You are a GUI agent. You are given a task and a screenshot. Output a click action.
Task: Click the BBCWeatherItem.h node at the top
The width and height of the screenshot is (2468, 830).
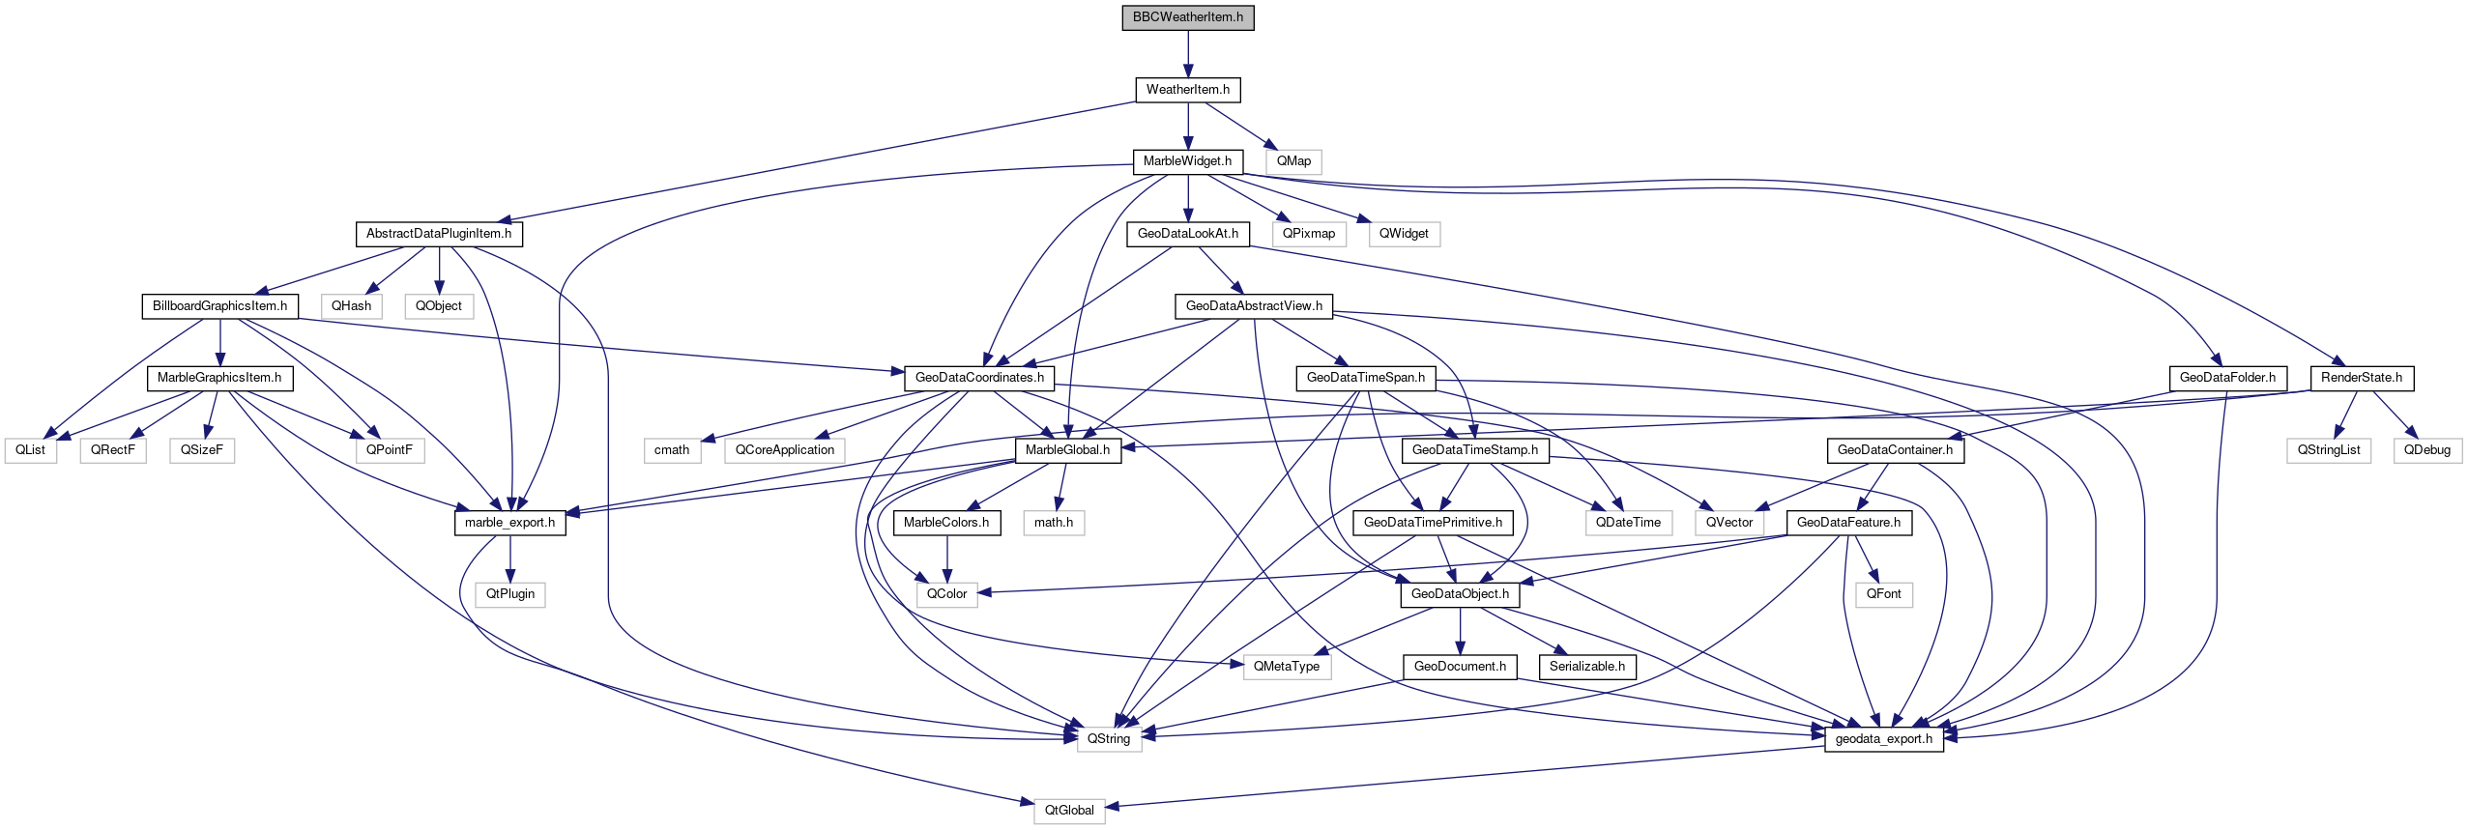(1187, 17)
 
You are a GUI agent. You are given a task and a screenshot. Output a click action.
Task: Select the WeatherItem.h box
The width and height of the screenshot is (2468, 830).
(1187, 90)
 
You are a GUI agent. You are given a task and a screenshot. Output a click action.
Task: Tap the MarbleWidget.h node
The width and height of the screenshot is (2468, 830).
(1187, 161)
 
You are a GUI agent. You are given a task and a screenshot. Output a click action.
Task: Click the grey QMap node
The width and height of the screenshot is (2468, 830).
(1293, 161)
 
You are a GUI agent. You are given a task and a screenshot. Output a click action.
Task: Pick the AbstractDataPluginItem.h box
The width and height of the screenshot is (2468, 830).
(439, 234)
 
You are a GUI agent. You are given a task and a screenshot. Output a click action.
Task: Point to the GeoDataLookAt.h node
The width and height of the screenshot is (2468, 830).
(1187, 234)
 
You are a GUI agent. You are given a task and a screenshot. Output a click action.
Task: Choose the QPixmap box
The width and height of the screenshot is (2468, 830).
(1309, 234)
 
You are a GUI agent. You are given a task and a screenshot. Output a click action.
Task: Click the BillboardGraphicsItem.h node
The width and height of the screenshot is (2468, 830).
(219, 306)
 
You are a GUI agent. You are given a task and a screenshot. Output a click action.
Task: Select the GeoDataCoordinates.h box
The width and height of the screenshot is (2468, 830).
(979, 378)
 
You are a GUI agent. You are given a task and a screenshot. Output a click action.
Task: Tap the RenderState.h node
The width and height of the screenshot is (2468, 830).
(2361, 378)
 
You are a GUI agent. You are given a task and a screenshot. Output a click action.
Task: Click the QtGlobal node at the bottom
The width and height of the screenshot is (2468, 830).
(1069, 811)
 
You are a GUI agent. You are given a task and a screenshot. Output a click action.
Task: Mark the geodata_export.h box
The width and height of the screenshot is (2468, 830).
(1883, 739)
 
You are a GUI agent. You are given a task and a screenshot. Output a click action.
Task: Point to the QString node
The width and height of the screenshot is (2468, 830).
(1109, 739)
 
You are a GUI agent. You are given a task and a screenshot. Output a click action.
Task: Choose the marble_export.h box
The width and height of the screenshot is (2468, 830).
(509, 523)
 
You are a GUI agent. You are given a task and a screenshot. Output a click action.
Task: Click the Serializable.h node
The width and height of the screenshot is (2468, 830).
(1586, 667)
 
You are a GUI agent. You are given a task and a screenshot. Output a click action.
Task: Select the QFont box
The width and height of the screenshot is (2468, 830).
(1883, 594)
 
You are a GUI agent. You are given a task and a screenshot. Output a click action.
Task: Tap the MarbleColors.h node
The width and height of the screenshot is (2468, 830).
(946, 523)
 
